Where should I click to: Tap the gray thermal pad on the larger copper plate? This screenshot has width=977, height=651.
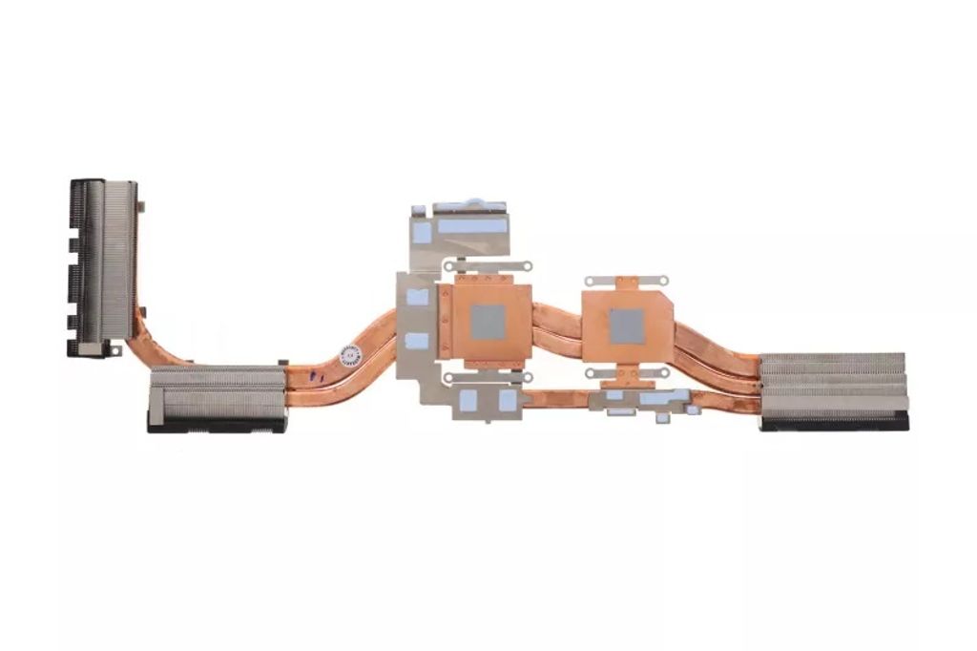pyautogui.click(x=488, y=323)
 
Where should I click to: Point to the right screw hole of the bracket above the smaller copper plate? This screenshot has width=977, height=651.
pyautogui.click(x=665, y=282)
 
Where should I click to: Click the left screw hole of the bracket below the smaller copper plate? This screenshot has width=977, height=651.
pyautogui.click(x=591, y=373)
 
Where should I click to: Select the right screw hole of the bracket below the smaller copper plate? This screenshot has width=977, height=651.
pyautogui.click(x=666, y=373)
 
